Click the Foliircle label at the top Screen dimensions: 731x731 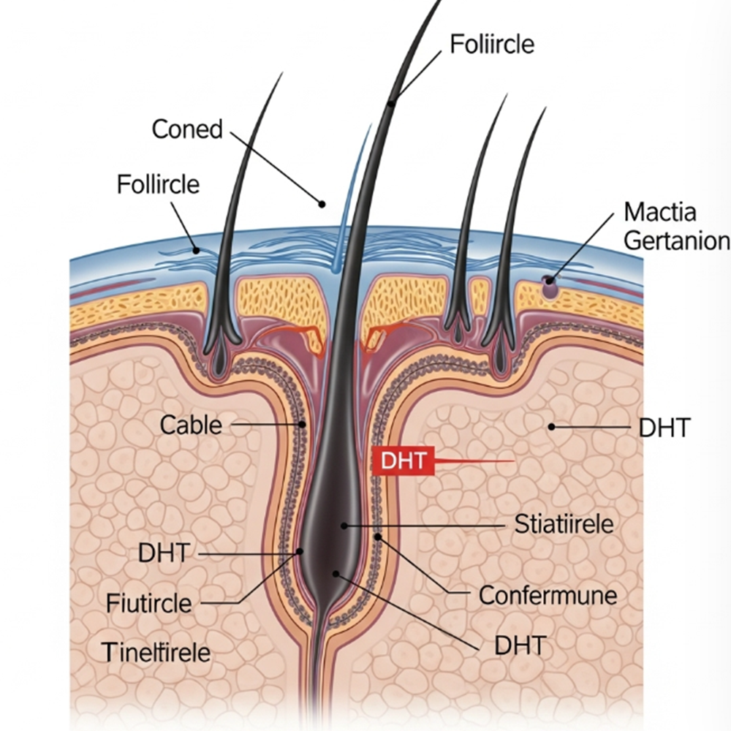pyautogui.click(x=492, y=45)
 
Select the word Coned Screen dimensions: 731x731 pyautogui.click(x=187, y=129)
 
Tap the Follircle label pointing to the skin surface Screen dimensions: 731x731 pyautogui.click(x=158, y=183)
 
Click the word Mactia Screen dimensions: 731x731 pyautogui.click(x=660, y=213)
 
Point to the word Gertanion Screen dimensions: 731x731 pyautogui.click(x=677, y=240)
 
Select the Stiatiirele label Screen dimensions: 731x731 pyautogui.click(x=564, y=524)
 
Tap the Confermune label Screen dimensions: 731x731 pyautogui.click(x=548, y=595)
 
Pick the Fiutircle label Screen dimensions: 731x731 pyautogui.click(x=149, y=604)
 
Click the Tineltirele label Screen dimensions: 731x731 pyautogui.click(x=156, y=651)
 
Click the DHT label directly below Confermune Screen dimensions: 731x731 pyautogui.click(x=520, y=645)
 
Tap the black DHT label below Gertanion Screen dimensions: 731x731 pyautogui.click(x=664, y=428)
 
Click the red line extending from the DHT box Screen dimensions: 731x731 pyautogui.click(x=475, y=461)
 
